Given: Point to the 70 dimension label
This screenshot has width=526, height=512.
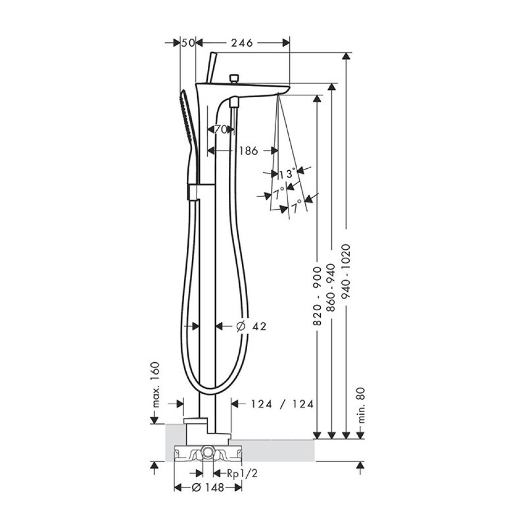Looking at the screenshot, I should tap(220, 129).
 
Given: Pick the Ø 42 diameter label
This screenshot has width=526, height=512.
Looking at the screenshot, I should tap(251, 326).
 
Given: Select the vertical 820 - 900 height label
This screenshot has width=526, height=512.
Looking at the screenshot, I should tap(318, 293).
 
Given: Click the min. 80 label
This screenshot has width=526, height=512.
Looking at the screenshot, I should tap(360, 405).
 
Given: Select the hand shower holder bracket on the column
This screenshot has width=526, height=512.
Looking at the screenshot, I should tap(194, 191).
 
